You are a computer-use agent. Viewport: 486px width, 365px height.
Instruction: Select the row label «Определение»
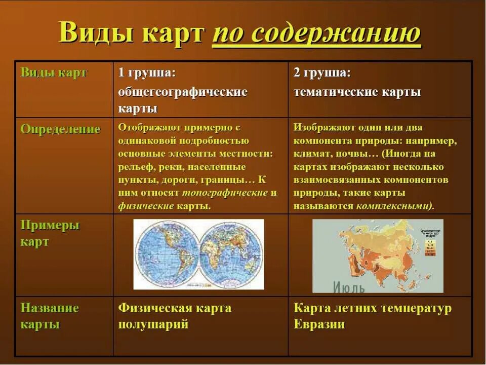[60, 129]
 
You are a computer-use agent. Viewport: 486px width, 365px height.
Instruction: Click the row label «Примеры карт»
[50, 233]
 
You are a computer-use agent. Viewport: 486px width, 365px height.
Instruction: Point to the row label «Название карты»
[50, 316]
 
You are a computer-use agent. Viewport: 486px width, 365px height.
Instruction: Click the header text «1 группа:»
[147, 72]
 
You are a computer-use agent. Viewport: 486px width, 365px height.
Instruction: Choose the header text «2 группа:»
[322, 72]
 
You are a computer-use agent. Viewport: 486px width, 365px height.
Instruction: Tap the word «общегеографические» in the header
[183, 92]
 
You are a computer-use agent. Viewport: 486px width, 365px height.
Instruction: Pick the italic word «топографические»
[225, 193]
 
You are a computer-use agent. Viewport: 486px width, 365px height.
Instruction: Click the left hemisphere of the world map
[167, 253]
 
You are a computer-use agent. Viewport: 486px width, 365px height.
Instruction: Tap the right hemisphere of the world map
[232, 253]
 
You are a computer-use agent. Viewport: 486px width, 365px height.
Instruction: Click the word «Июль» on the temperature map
[349, 287]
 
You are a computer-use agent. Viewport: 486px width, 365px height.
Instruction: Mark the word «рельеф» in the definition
[134, 167]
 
